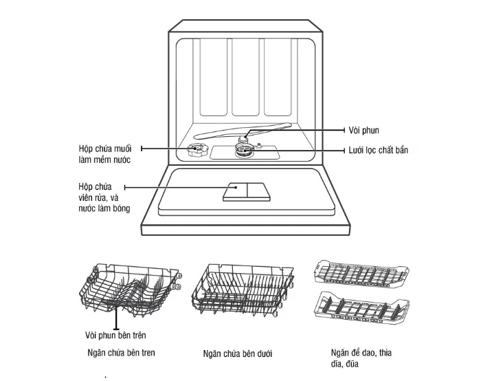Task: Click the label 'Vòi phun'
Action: click(x=364, y=130)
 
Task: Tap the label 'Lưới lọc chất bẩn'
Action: click(x=378, y=150)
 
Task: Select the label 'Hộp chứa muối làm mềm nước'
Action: click(x=105, y=154)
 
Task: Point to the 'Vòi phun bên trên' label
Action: click(x=115, y=335)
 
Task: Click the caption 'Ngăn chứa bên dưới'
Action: click(x=238, y=353)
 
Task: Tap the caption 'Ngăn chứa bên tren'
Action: click(x=121, y=353)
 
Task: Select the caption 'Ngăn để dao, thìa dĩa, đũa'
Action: click(x=361, y=358)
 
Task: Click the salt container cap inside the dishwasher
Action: click(x=197, y=150)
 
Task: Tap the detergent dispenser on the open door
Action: click(x=247, y=191)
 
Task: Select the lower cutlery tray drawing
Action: click(x=361, y=308)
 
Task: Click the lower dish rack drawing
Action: click(x=243, y=291)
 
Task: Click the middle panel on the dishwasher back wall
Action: click(x=246, y=77)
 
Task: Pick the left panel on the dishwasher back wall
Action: click(x=214, y=77)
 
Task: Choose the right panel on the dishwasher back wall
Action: click(x=278, y=77)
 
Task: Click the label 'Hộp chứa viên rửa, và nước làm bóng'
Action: click(x=104, y=197)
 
